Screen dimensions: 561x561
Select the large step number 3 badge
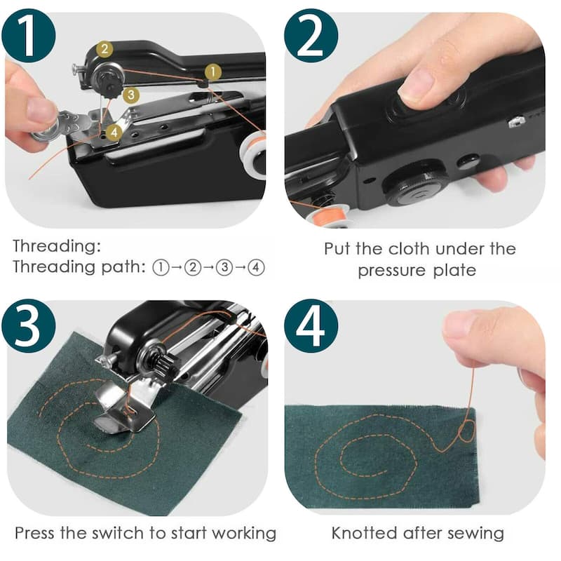[x=29, y=325]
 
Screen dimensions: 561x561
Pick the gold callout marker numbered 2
[x=104, y=49]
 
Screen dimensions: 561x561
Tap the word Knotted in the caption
[x=364, y=533]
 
